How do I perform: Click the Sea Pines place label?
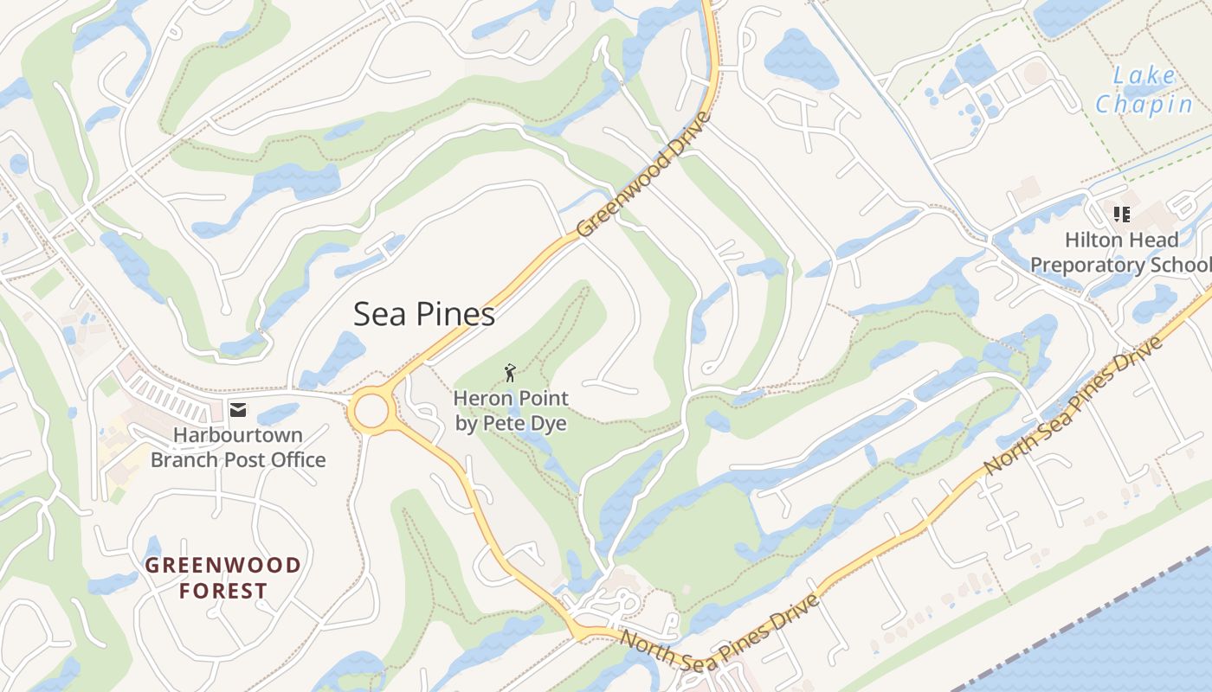pos(424,314)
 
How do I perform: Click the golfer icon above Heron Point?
pos(511,373)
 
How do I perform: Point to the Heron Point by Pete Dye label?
pos(511,411)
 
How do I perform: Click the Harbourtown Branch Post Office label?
pos(238,447)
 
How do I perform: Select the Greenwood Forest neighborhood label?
pos(223,579)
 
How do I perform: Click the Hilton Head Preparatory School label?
pos(1122,252)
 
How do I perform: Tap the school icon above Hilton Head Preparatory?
pos(1122,214)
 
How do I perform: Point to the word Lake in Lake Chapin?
pos(1144,76)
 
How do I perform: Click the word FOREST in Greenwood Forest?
pos(223,592)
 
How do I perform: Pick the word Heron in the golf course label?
pos(479,399)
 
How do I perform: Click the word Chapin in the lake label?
pos(1144,105)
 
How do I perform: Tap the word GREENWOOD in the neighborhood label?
pos(223,566)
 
